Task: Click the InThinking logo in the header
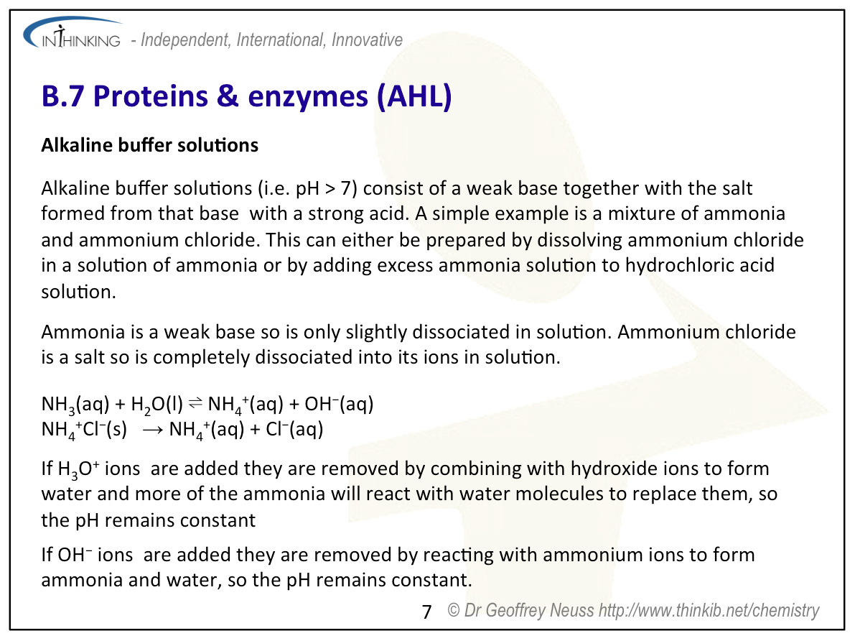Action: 72,36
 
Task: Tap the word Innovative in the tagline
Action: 367,40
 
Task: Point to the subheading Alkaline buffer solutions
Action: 149,145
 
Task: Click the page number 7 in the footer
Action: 427,612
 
